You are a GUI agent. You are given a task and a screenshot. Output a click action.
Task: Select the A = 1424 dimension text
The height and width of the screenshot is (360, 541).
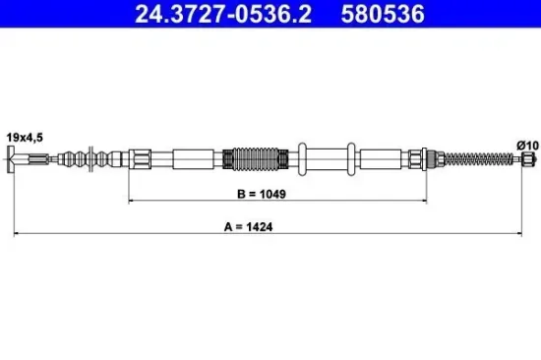point(270,226)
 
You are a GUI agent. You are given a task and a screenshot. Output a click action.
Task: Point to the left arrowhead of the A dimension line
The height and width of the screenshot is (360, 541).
point(15,235)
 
